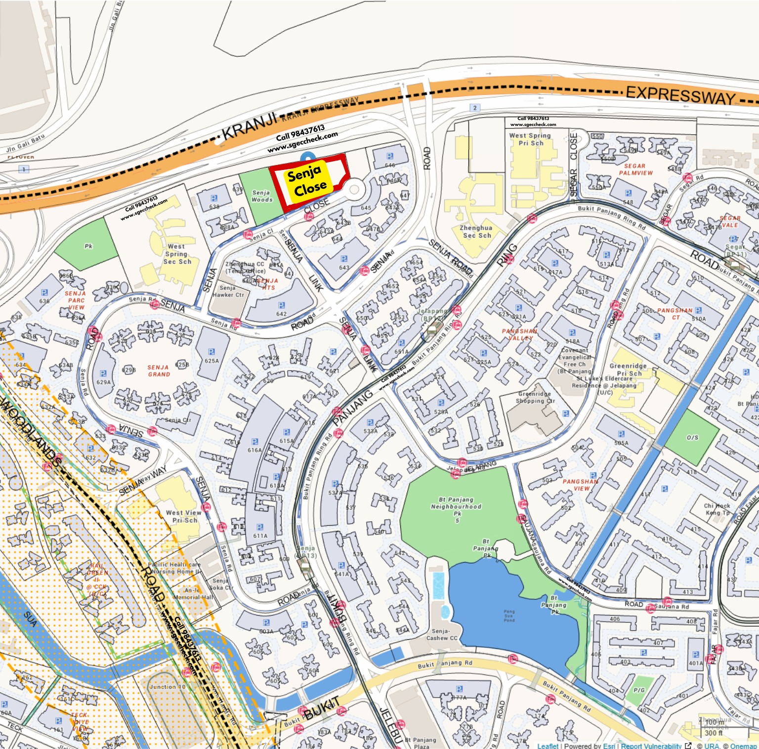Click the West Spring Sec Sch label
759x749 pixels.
coord(177,254)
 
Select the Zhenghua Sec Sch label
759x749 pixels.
coord(475,232)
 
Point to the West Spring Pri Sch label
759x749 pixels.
coord(530,139)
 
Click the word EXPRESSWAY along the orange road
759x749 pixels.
coord(680,94)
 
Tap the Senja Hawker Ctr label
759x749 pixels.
coord(228,291)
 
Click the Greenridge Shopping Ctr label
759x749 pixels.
coord(534,397)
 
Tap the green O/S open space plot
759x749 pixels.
coord(692,437)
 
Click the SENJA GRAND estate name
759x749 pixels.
coord(159,371)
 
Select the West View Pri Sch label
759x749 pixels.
coord(183,516)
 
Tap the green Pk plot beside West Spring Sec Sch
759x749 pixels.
coord(88,246)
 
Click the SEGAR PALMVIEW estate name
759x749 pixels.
coord(635,169)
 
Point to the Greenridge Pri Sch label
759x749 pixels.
coord(628,370)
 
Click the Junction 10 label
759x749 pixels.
coord(167,687)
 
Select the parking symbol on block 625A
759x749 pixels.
coord(211,352)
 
